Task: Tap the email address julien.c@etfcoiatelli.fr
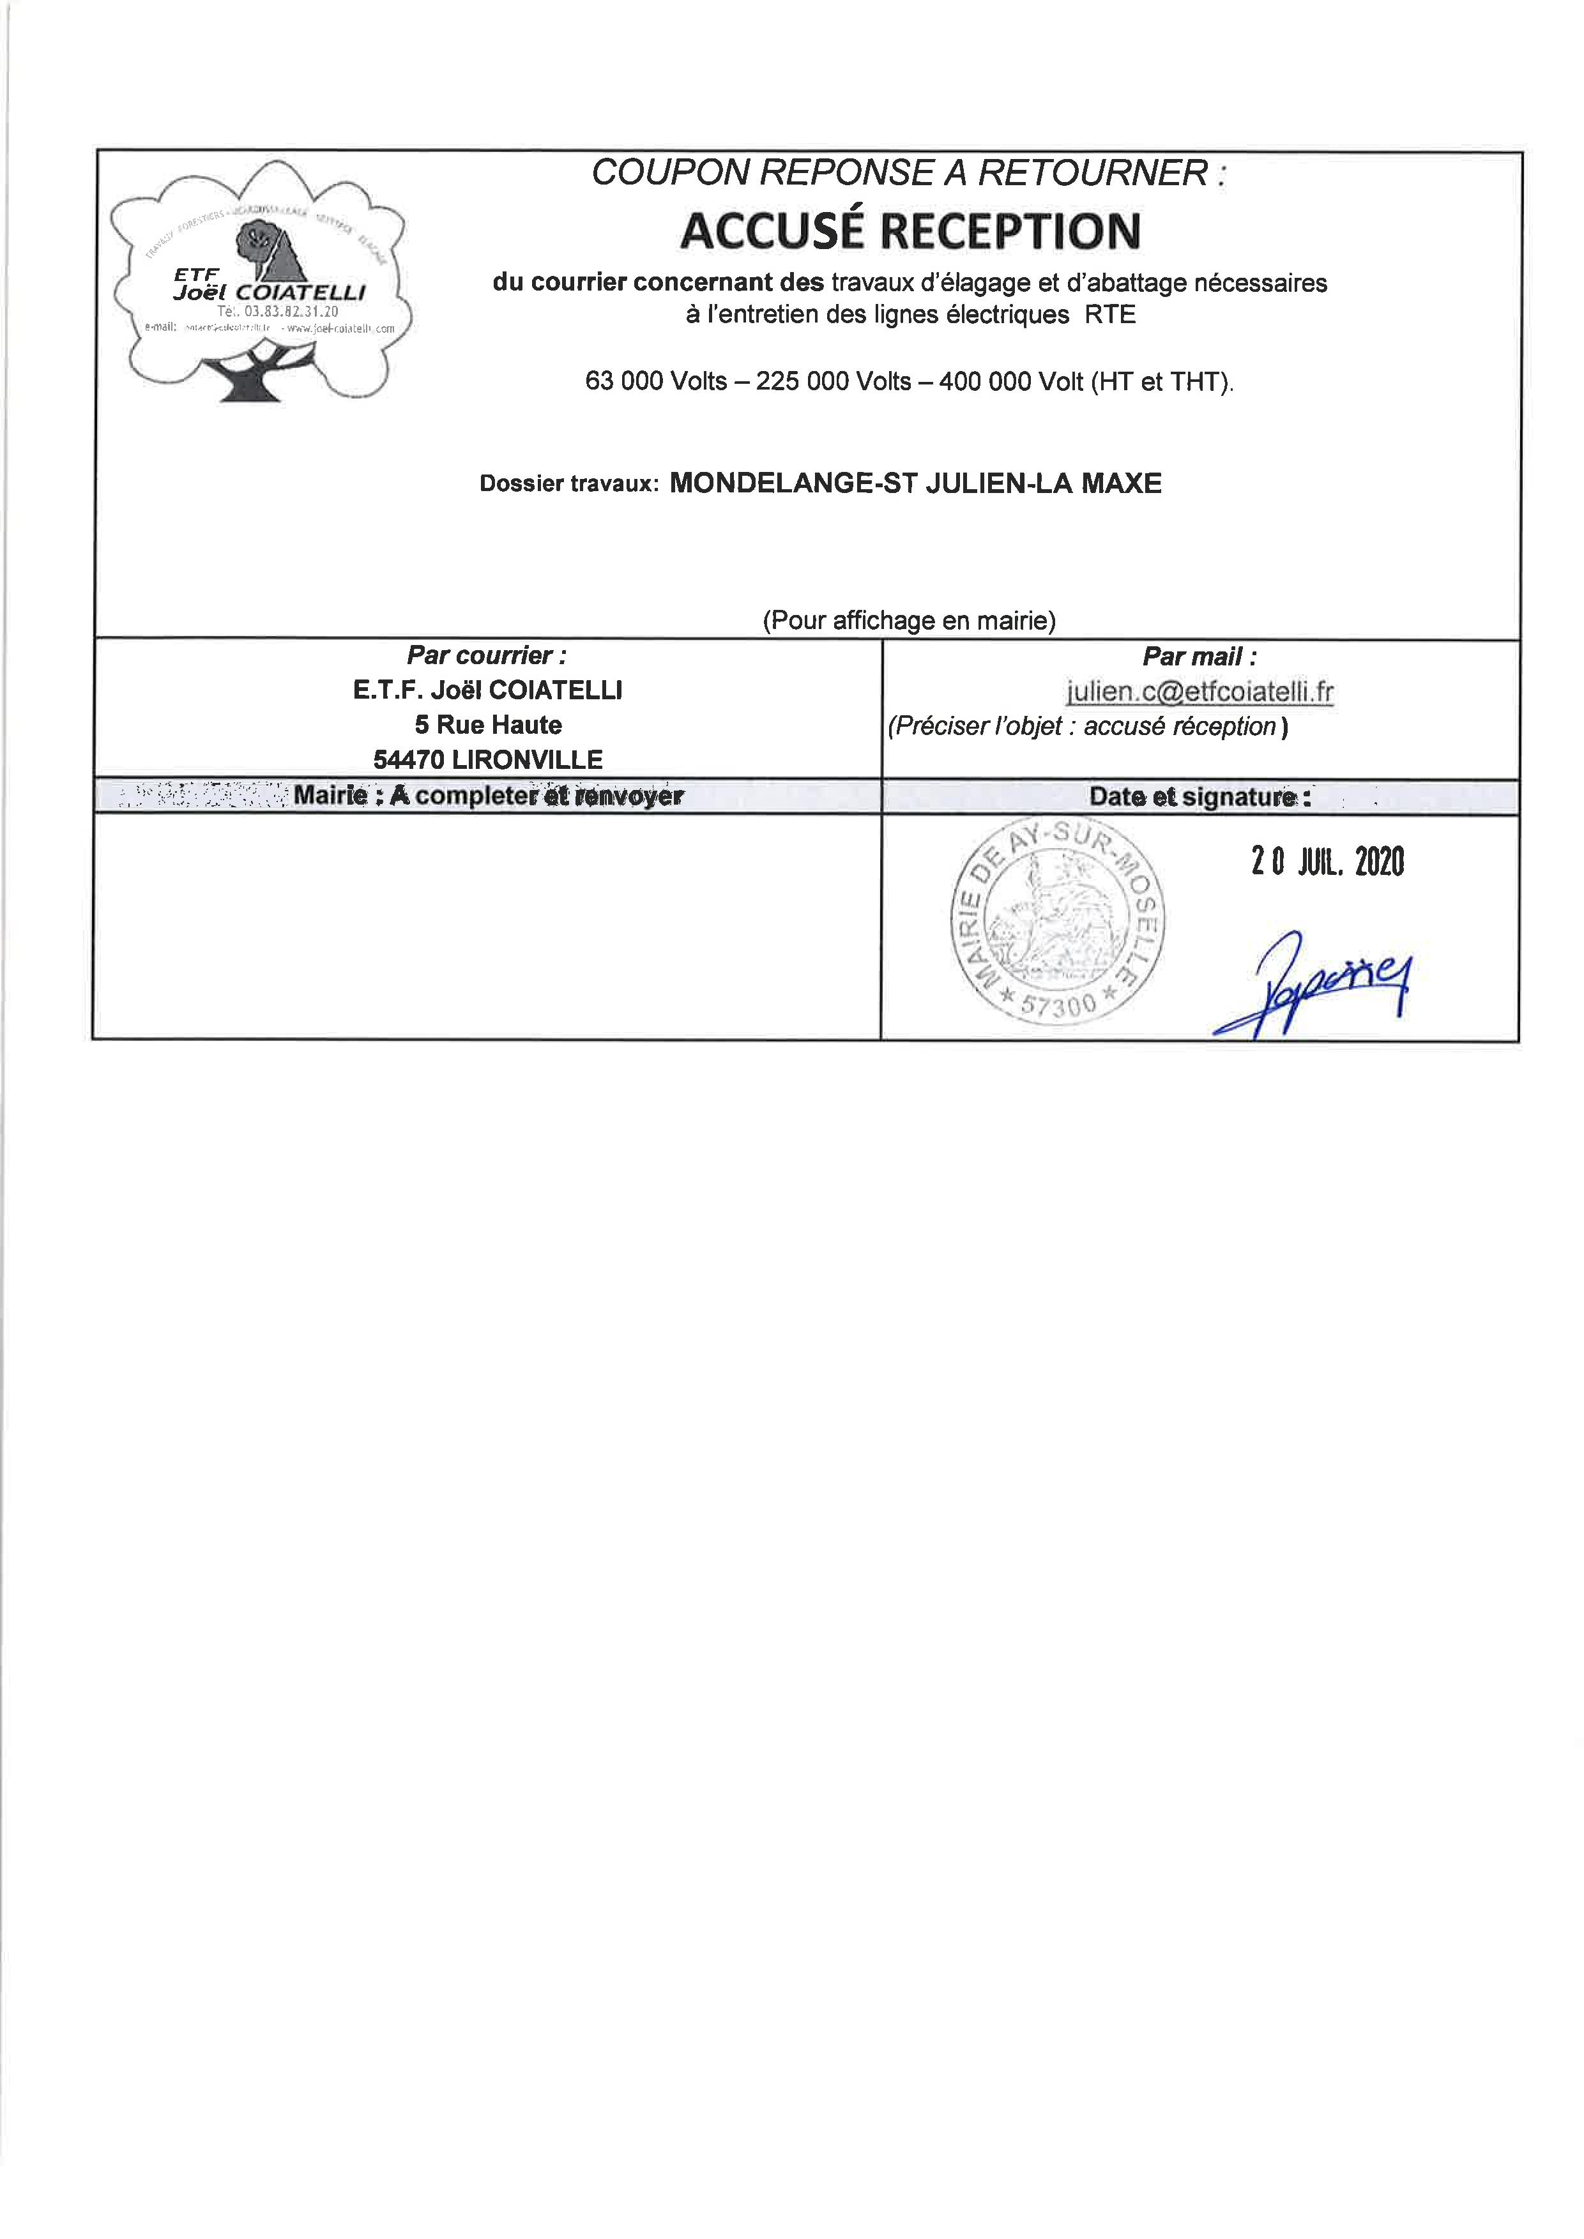pos(1199,692)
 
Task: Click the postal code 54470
pos(409,760)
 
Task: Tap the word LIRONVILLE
pos(527,760)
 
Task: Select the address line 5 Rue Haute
pos(488,725)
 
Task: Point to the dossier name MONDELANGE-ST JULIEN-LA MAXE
pos(915,483)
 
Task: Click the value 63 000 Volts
pos(655,381)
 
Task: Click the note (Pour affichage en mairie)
pos(909,620)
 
